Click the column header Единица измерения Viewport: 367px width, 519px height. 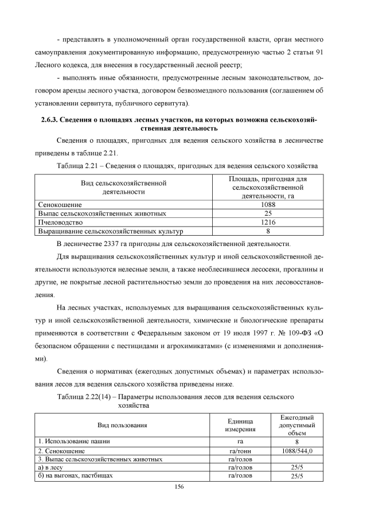[240, 425]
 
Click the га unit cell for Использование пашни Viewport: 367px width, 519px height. [240, 442]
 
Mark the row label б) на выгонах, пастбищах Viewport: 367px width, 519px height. [75, 476]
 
